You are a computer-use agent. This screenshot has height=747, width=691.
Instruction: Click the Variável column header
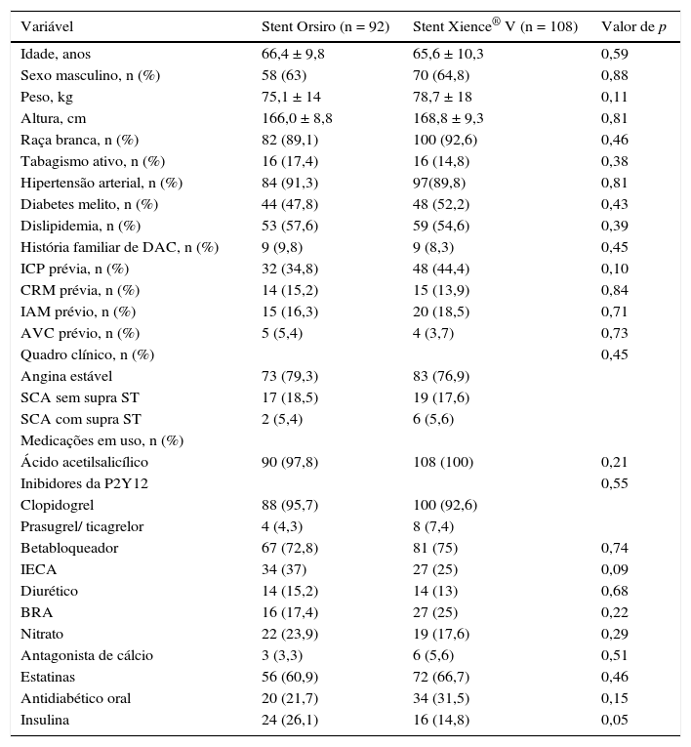coord(47,26)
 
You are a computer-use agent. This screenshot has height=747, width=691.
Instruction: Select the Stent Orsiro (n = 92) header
coord(325,26)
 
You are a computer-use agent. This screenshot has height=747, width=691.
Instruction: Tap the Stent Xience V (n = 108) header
coord(495,26)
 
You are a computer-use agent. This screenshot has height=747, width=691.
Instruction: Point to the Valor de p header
coord(634,26)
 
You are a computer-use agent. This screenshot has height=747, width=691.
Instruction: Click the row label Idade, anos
coord(56,55)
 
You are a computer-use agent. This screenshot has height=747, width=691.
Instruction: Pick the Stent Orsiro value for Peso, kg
coord(291,98)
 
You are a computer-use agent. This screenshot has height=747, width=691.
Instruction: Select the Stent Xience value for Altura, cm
coord(448,119)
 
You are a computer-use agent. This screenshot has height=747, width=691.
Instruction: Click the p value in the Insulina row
coord(615,721)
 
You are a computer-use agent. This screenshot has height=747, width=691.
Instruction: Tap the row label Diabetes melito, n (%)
coord(89,205)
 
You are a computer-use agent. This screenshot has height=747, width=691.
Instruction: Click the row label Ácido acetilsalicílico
coord(84,463)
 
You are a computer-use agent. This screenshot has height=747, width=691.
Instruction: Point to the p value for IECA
coord(615,570)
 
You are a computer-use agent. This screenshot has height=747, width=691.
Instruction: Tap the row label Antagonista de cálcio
coord(87,656)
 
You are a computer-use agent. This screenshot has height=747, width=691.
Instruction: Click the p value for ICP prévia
coord(615,270)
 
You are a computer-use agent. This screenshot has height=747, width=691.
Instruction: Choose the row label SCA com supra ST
coord(81,420)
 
